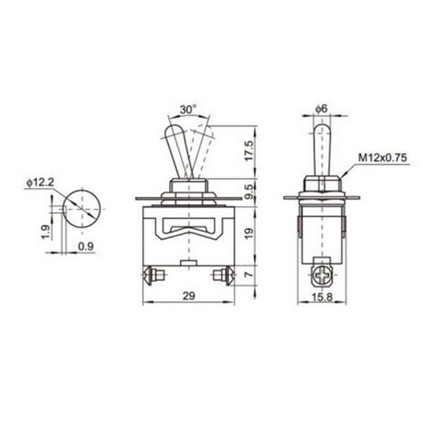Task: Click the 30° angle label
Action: pos(188,109)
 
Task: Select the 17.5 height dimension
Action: pos(248,151)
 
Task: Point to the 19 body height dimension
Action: pos(248,234)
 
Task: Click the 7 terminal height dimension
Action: pos(249,274)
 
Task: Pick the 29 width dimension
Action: pos(189,296)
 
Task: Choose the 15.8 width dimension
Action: pos(323,297)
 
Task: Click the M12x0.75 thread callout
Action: pos(383,158)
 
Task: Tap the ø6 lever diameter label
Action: pos(321,109)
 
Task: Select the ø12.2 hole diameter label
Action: pos(40,182)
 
